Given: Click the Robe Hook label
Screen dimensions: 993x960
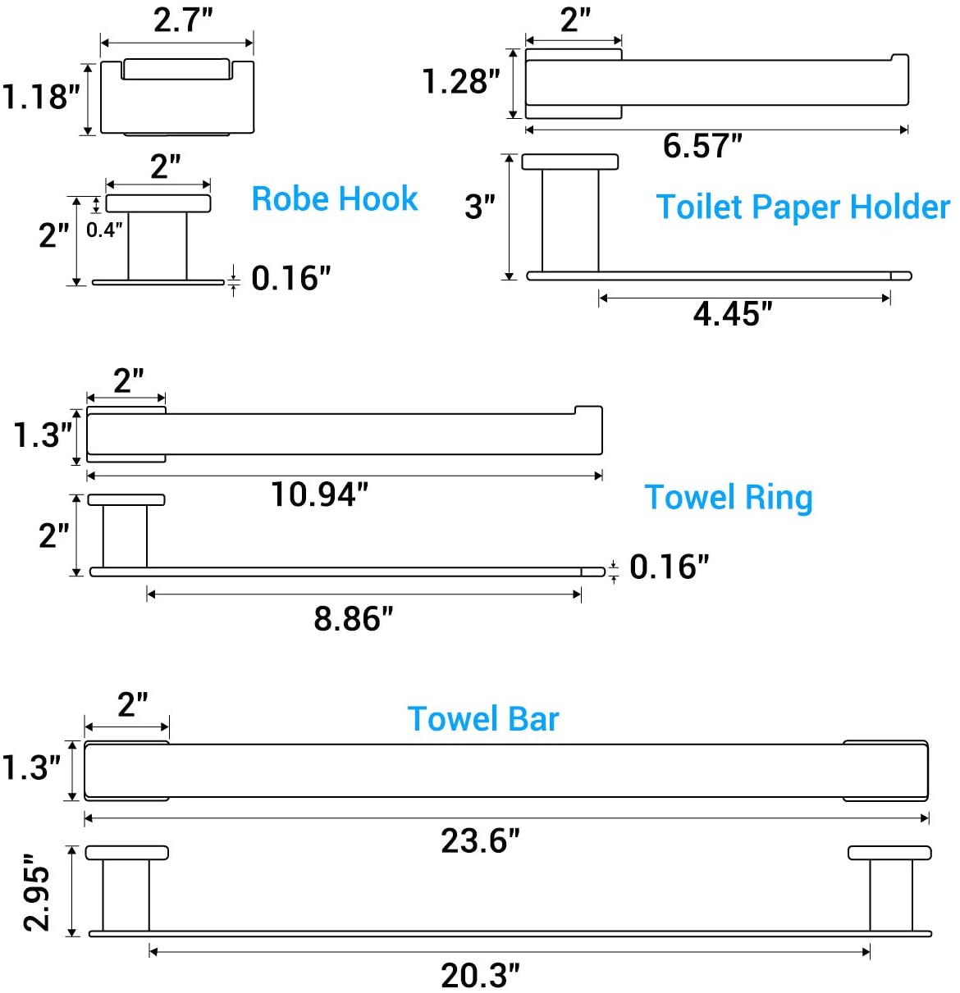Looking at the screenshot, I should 334,199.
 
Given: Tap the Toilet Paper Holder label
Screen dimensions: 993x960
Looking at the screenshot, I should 802,207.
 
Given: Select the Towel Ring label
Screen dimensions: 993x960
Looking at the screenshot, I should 728,497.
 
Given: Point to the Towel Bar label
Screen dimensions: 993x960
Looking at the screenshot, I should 482,719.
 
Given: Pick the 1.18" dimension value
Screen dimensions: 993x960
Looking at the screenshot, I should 40,97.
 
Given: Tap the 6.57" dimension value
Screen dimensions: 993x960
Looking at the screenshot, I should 702,146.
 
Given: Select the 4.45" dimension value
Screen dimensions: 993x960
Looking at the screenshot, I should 733,313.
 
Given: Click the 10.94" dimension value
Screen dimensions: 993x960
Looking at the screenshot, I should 319,494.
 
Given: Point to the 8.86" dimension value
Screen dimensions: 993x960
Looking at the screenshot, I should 353,619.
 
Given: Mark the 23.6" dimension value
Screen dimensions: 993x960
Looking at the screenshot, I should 480,841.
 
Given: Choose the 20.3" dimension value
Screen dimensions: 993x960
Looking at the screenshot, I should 480,976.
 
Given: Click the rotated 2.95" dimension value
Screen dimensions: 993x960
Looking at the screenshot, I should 37,891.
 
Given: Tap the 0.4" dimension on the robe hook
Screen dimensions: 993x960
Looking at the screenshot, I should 104,230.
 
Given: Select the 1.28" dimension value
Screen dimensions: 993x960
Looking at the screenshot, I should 460,82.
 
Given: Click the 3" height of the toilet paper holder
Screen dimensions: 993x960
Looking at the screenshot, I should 479,207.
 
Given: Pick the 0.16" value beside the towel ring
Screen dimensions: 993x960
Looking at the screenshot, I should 669,567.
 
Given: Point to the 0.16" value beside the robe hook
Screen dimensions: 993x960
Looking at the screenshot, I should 290,279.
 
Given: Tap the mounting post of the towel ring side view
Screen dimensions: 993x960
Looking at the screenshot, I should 125,536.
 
